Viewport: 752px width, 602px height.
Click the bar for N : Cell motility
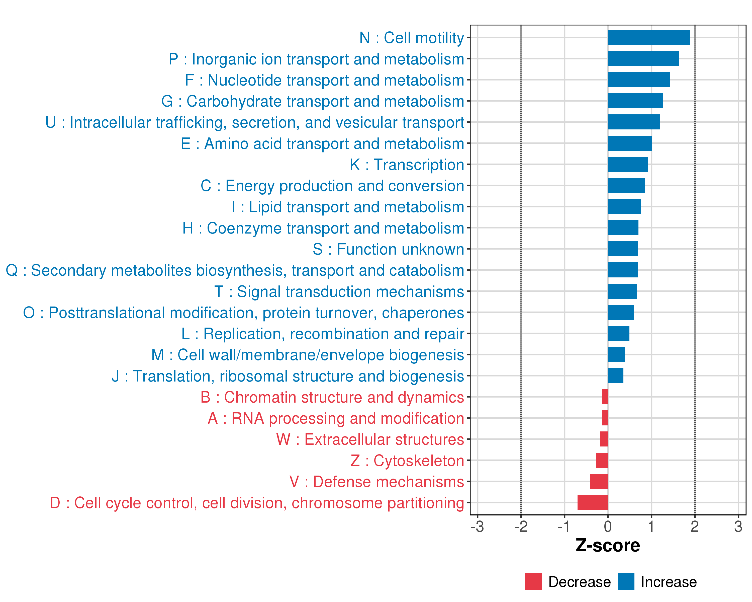(649, 37)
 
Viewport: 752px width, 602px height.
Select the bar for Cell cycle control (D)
(593, 502)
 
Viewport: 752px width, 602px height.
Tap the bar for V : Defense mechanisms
(599, 481)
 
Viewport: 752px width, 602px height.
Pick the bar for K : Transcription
(628, 164)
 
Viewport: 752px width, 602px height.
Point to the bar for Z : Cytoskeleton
(602, 460)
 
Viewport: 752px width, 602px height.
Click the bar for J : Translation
(615, 375)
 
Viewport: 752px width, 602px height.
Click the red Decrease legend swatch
(533, 581)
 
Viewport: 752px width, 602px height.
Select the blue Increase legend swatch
(626, 581)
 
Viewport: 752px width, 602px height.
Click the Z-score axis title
(608, 546)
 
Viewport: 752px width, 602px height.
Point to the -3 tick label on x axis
(477, 526)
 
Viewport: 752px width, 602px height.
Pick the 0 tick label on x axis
(608, 526)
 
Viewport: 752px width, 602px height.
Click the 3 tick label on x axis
(738, 526)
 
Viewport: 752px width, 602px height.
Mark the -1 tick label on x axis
(564, 526)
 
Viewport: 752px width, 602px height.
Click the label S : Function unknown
(388, 249)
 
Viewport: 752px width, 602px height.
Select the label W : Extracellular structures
(370, 439)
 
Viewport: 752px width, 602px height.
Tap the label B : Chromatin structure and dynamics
(332, 397)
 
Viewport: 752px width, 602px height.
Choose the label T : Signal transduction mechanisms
(339, 291)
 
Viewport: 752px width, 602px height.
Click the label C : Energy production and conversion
(332, 186)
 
